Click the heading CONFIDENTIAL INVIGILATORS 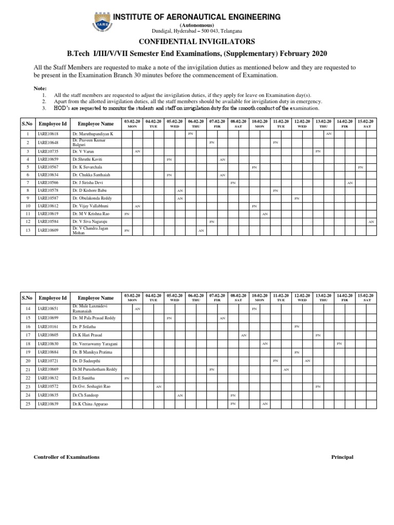198,42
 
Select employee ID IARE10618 49,133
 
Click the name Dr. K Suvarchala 88,168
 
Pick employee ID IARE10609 49,231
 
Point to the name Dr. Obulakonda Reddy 93,198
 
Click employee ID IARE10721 49,361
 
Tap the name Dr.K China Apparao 90,405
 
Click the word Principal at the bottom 342,457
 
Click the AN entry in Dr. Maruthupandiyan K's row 329,133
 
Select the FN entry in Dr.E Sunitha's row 127,378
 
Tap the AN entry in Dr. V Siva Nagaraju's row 371,221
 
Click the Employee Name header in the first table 96,124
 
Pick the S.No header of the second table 27,298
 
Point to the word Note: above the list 40,88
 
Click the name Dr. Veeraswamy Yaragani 95,344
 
